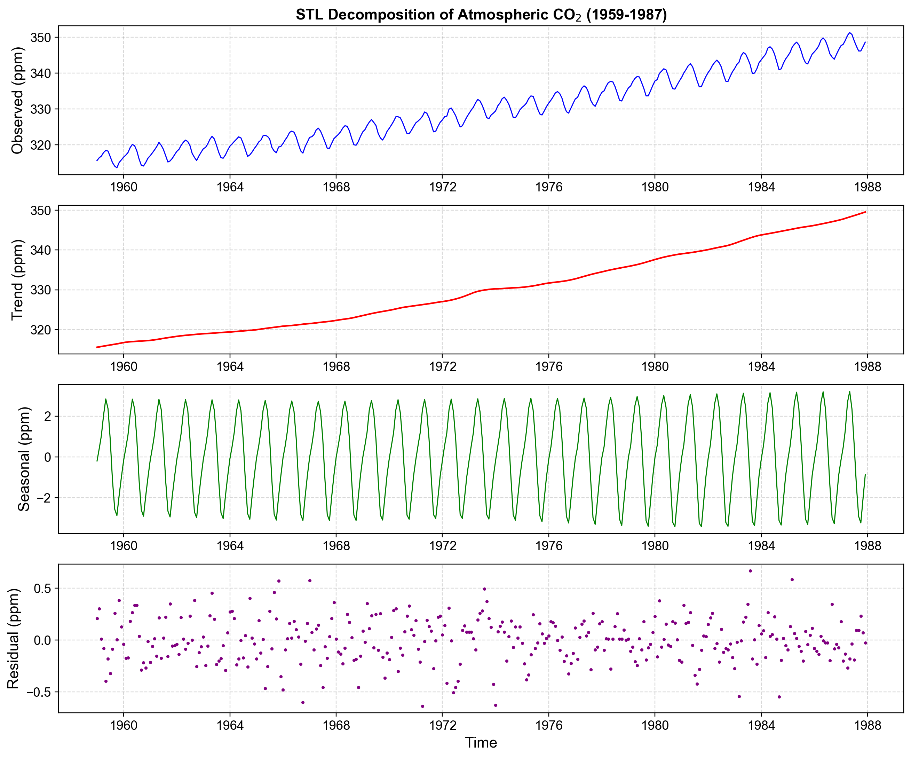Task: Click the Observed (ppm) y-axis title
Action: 17,100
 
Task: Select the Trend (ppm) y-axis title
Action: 17,280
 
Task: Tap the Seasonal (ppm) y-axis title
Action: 24,459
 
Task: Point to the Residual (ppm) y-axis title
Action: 14,639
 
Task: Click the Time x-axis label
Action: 481,742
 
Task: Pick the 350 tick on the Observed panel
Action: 40,37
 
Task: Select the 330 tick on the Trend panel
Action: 40,290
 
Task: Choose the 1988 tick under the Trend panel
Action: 867,366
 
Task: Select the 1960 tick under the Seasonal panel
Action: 124,546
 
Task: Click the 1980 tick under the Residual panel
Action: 655,725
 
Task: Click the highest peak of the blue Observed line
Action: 850,33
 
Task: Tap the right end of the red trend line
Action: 865,212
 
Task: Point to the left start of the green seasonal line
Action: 97,461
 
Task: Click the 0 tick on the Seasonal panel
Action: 47,457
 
